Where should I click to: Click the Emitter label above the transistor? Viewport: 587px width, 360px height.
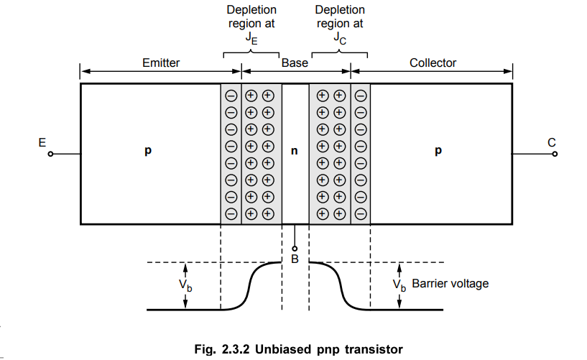click(x=161, y=63)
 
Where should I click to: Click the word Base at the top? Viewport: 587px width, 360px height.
click(x=295, y=63)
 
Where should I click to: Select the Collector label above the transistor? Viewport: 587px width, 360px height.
click(x=433, y=63)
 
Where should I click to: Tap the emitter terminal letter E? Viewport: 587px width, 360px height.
click(x=42, y=142)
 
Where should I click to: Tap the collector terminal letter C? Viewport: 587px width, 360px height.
click(x=552, y=142)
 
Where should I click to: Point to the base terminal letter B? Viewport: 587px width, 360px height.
click(x=295, y=259)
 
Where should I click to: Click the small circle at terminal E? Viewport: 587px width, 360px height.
click(x=50, y=154)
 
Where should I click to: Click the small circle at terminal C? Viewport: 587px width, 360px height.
click(x=552, y=154)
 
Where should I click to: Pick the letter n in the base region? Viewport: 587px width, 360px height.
click(x=294, y=152)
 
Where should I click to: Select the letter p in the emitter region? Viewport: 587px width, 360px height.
click(x=148, y=152)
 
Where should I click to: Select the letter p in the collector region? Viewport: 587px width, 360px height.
click(x=438, y=152)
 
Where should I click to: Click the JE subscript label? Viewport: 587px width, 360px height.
click(x=249, y=40)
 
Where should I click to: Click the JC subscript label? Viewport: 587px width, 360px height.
click(x=340, y=40)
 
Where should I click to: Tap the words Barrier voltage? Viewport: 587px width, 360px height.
click(x=450, y=284)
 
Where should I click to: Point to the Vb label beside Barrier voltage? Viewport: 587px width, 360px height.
click(x=400, y=285)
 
